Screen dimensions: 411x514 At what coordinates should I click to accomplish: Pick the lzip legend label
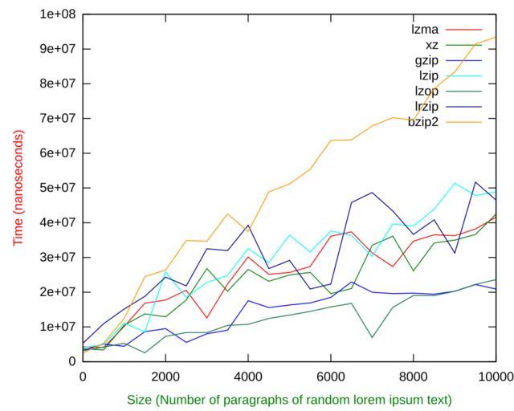click(427, 75)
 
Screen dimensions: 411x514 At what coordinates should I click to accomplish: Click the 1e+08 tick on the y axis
click(57, 14)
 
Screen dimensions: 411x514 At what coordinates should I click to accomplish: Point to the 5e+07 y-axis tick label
click(57, 188)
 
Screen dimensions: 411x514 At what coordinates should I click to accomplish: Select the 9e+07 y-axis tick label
click(57, 48)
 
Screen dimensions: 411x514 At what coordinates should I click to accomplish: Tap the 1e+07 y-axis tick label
click(57, 327)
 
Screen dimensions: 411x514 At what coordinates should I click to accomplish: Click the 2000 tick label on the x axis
click(165, 376)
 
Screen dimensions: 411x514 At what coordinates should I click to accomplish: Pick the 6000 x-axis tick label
click(331, 376)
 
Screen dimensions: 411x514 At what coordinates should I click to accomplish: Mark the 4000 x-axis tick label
click(248, 376)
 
